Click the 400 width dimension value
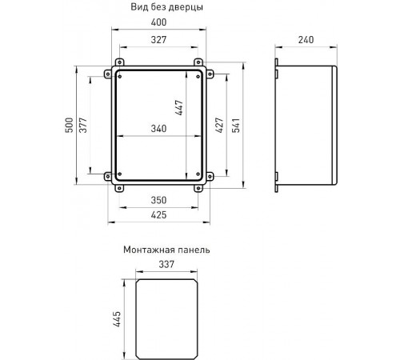[158, 22]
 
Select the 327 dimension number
[158, 40]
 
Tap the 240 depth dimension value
[306, 40]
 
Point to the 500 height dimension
[69, 125]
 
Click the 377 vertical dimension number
[83, 125]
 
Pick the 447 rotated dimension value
[179, 107]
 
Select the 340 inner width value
[158, 129]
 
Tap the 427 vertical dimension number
[219, 125]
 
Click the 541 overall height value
[236, 125]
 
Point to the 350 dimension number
[158, 200]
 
